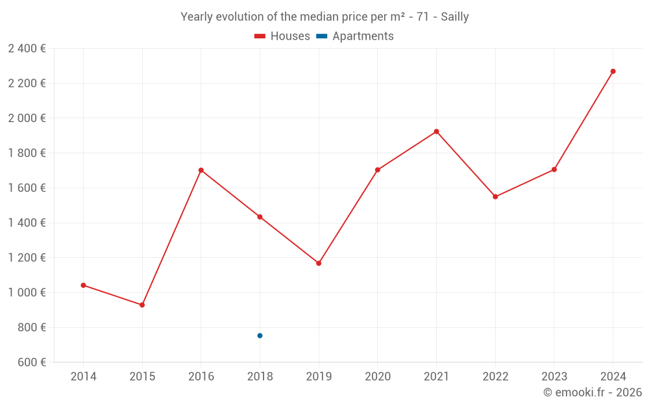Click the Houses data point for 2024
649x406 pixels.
pyautogui.click(x=613, y=71)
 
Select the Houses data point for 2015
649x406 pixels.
pyautogui.click(x=142, y=305)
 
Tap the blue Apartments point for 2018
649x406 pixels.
pyautogui.click(x=260, y=336)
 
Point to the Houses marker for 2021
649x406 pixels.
pyautogui.click(x=436, y=131)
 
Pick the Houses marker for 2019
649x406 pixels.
pyautogui.click(x=319, y=263)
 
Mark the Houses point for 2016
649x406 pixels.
pyautogui.click(x=201, y=170)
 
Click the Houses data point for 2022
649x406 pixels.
pyautogui.click(x=495, y=197)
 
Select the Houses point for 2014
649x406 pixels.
pyautogui.click(x=83, y=285)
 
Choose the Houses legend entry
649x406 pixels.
pyautogui.click(x=282, y=36)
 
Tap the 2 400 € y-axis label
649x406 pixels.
pyautogui.click(x=27, y=48)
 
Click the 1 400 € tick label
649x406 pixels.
pyautogui.click(x=27, y=223)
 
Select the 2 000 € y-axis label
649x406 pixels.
pyautogui.click(x=27, y=118)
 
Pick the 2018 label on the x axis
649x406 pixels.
pyautogui.click(x=260, y=376)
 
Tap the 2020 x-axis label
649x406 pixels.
pyautogui.click(x=377, y=376)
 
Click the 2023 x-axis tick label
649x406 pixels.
pyautogui.click(x=554, y=376)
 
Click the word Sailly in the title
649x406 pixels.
pyautogui.click(x=454, y=17)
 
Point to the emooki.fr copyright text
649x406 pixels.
pyautogui.click(x=593, y=392)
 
